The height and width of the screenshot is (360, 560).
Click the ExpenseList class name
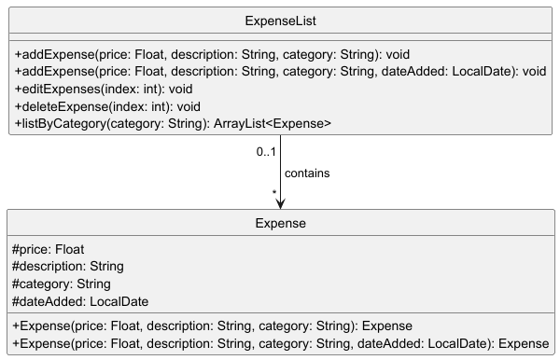[280, 20]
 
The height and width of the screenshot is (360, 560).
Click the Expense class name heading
[280, 224]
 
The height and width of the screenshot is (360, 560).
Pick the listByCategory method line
[173, 123]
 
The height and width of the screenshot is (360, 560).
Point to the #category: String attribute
[61, 284]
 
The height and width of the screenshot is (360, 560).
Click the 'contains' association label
[307, 173]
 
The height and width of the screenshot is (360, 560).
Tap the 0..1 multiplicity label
[266, 151]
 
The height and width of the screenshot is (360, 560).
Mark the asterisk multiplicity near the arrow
[274, 193]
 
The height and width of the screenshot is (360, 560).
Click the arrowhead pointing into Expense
[280, 203]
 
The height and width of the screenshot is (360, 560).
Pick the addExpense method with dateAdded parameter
[280, 71]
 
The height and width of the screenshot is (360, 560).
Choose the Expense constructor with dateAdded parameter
[280, 344]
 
